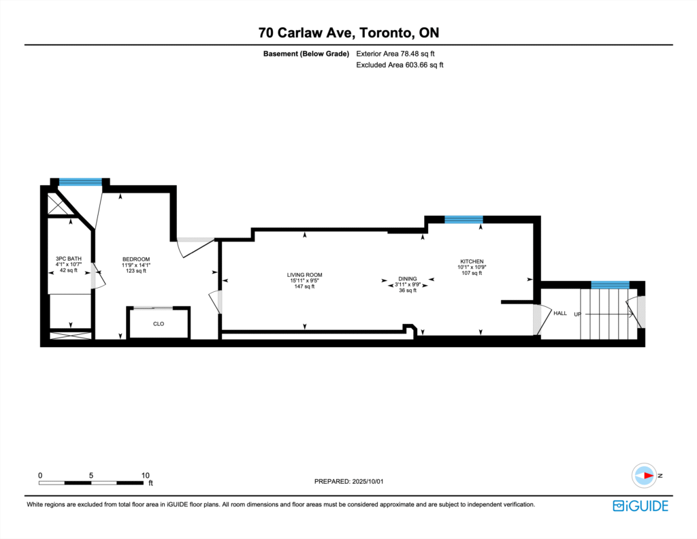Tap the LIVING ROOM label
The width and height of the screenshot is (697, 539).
(x=304, y=275)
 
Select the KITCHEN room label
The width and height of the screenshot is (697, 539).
(x=472, y=261)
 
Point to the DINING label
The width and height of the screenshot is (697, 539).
(x=408, y=278)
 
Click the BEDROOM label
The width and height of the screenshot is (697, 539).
(x=136, y=259)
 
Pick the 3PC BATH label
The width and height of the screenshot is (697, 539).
(x=69, y=259)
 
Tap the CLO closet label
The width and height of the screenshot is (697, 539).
(x=159, y=324)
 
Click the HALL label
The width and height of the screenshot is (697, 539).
(x=560, y=313)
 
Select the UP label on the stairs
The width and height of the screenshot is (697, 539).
(x=577, y=314)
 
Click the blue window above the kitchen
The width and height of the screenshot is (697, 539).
(x=464, y=220)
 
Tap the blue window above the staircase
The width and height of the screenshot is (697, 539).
(x=610, y=285)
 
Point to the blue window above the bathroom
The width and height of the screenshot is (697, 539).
(x=80, y=182)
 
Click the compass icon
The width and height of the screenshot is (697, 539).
(x=644, y=476)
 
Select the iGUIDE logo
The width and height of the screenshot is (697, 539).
(x=641, y=506)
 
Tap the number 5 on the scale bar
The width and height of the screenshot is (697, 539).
(x=91, y=475)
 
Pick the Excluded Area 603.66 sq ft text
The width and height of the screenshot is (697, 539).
(x=400, y=65)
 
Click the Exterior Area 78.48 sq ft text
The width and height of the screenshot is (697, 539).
(x=395, y=54)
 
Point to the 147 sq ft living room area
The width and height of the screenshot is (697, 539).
(x=304, y=287)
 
